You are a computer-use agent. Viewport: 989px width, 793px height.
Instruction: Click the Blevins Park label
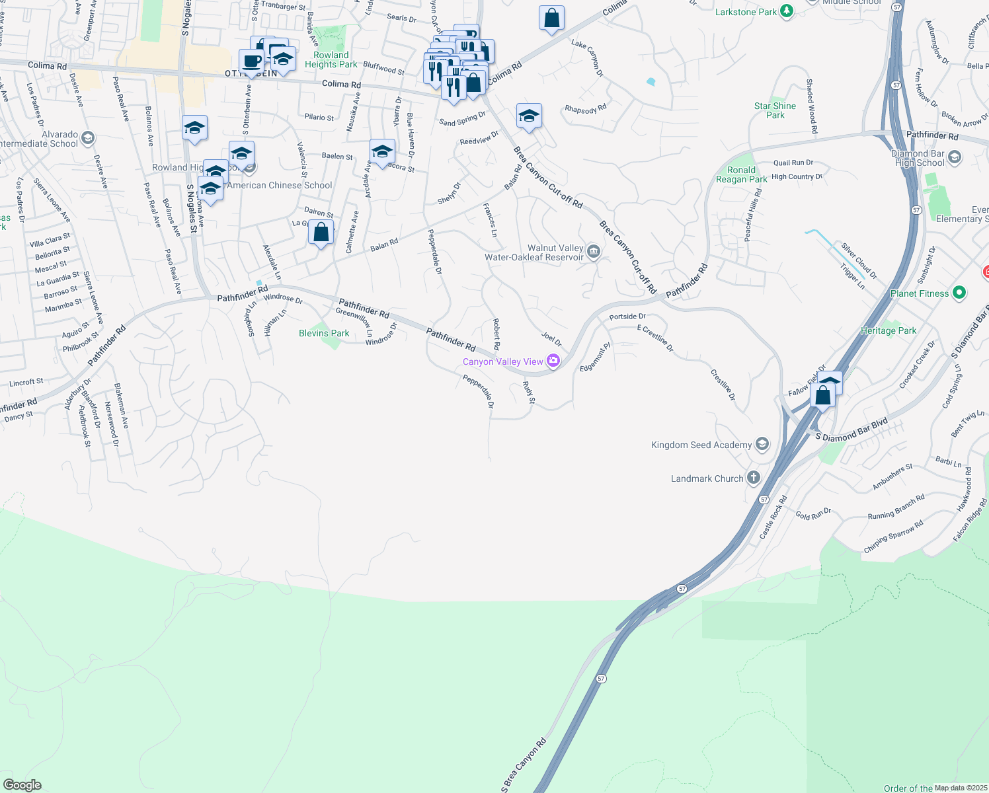(x=324, y=333)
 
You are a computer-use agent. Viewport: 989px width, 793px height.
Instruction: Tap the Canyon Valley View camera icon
(x=553, y=361)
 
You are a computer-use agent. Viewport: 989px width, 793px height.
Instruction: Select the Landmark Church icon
(x=753, y=478)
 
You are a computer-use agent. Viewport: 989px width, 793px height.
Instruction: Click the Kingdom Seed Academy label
(x=701, y=445)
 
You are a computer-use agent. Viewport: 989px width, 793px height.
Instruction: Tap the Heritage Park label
(x=889, y=330)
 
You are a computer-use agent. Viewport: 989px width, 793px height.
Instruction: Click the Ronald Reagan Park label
(x=741, y=174)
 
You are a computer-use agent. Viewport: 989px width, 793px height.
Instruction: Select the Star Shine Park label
(x=775, y=110)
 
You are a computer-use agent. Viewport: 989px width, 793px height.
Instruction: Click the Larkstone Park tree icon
(x=786, y=11)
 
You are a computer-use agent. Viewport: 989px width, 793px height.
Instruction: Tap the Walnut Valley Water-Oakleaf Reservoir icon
(x=593, y=251)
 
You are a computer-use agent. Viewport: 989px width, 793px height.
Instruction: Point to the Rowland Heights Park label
(x=331, y=59)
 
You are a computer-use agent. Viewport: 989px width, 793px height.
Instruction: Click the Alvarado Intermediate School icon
(x=88, y=138)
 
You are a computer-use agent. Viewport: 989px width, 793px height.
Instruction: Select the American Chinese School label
(x=280, y=185)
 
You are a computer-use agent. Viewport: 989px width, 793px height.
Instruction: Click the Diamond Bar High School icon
(x=954, y=157)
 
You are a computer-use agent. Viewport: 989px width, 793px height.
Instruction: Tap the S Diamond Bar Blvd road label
(x=851, y=430)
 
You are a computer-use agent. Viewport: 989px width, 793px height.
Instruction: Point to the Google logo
(x=22, y=785)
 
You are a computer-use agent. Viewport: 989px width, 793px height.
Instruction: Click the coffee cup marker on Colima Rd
(x=251, y=62)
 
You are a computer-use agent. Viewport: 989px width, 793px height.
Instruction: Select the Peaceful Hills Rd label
(x=754, y=215)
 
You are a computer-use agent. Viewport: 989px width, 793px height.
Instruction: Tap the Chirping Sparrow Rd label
(x=893, y=537)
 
